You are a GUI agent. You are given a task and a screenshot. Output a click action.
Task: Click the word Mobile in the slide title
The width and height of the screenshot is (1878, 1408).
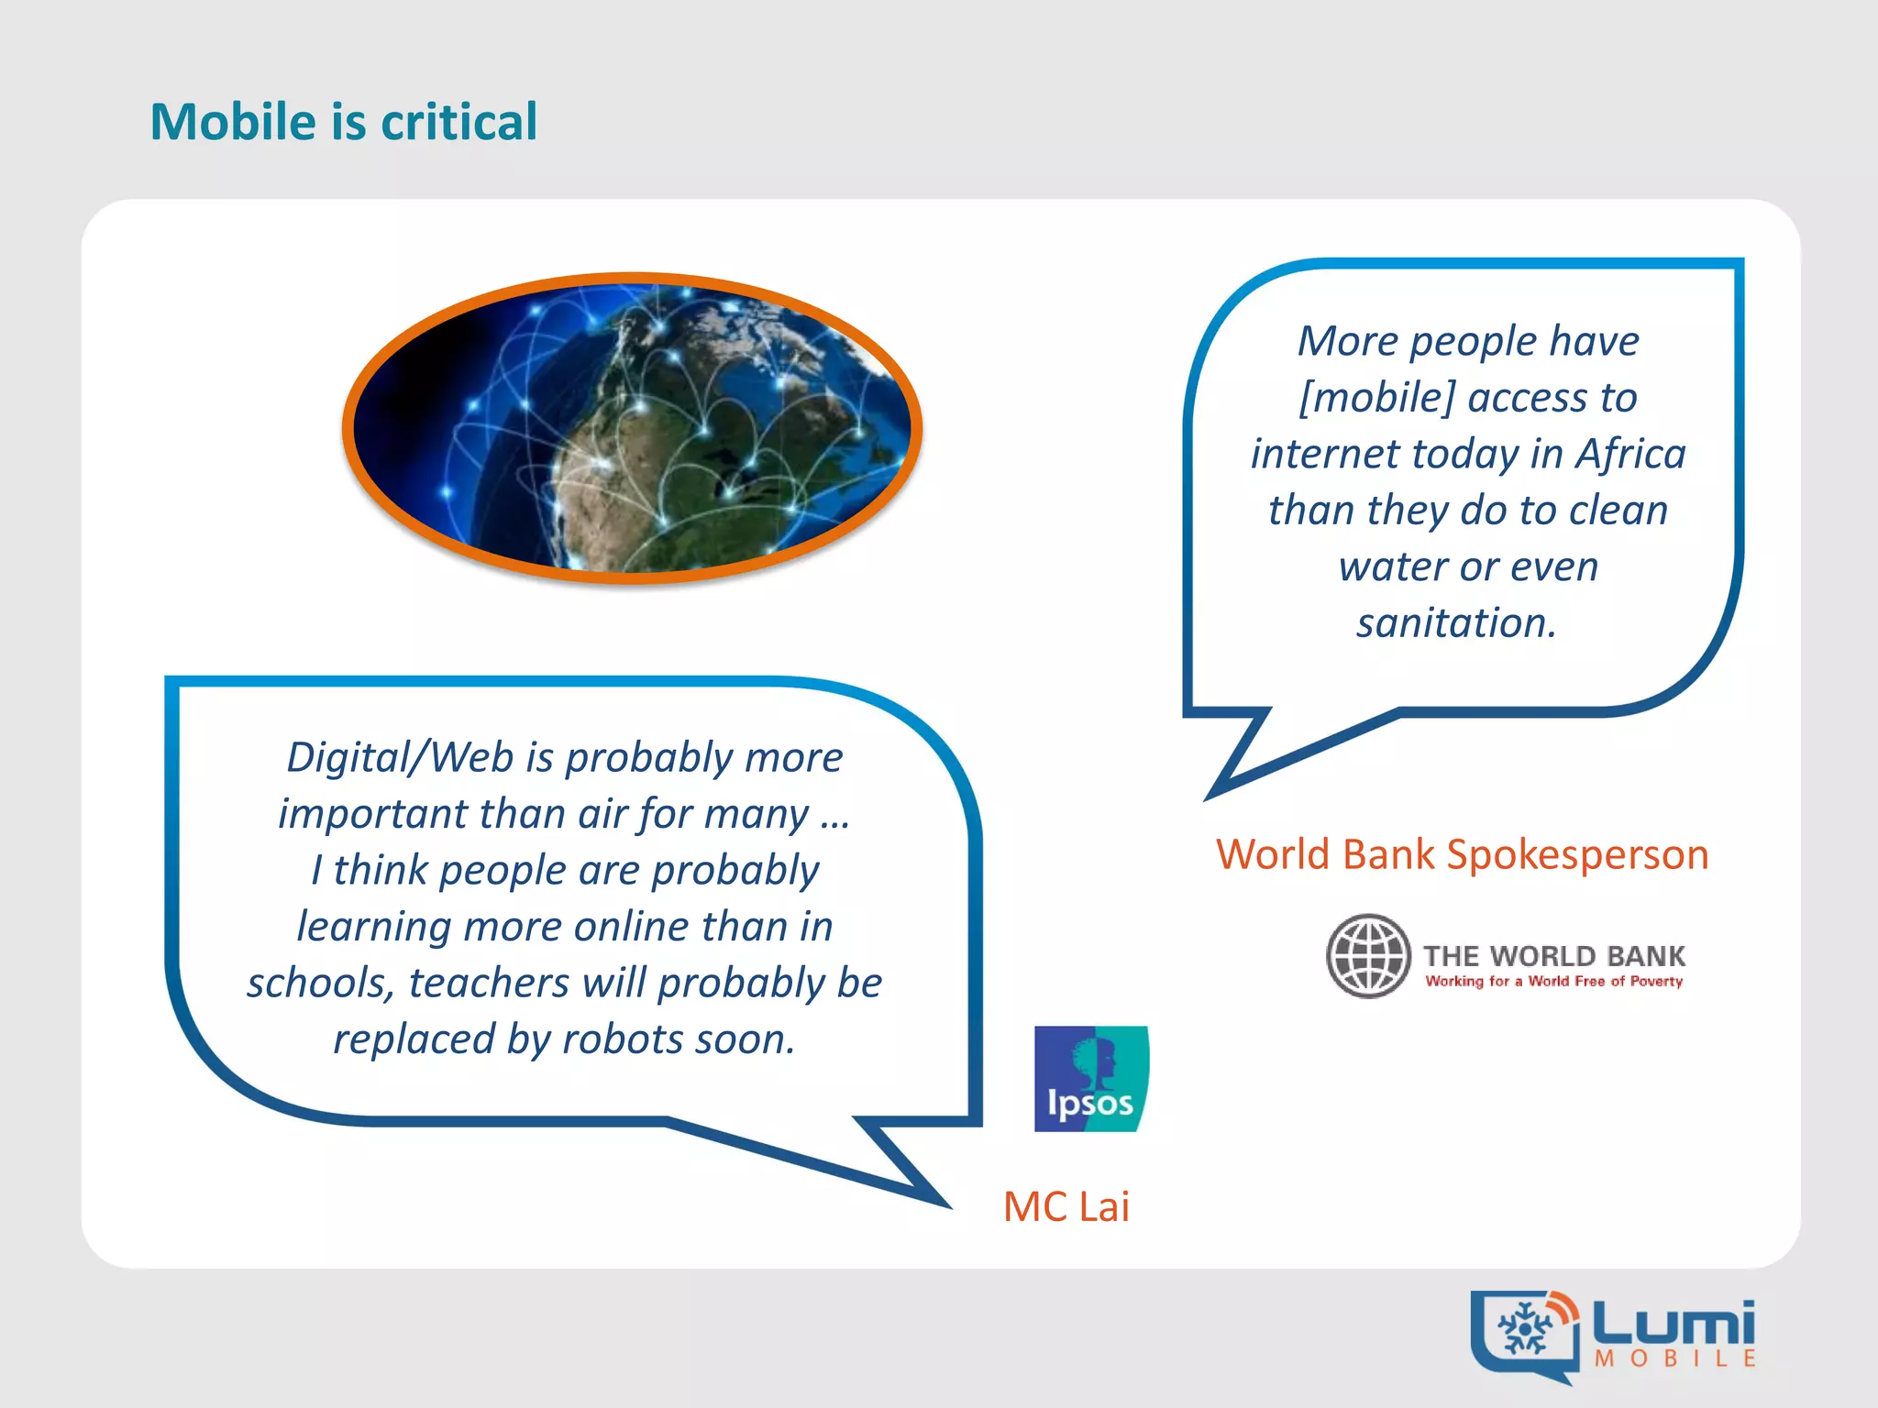coord(233,122)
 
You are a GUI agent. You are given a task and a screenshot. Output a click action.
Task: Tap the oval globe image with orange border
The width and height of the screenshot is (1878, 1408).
coord(633,428)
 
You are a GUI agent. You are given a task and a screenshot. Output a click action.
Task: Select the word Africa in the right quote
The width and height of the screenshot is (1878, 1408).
coord(1630,454)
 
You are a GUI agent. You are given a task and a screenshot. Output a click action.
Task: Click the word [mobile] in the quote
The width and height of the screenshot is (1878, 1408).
coord(1376,398)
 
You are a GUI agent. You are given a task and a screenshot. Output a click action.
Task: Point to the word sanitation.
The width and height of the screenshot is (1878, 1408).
coord(1456,623)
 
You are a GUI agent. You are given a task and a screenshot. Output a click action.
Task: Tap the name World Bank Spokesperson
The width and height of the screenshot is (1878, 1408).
coord(1462,854)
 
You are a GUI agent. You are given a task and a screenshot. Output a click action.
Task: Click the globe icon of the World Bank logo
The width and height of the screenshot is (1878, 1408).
coord(1368,956)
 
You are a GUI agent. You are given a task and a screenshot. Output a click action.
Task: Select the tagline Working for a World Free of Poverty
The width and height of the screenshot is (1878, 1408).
coord(1553,982)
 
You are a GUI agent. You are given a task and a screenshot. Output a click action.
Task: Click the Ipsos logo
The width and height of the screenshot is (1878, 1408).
coord(1091,1079)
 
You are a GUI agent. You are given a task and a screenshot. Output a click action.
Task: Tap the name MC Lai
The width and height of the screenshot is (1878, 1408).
coord(1066,1206)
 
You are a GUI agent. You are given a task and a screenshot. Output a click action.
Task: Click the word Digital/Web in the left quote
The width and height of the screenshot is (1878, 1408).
coord(400,758)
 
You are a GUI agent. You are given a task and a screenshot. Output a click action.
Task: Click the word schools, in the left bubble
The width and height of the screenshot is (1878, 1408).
coord(321,984)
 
